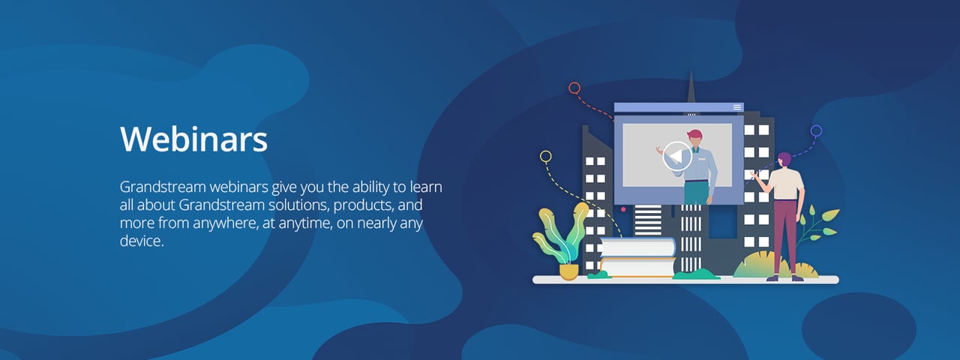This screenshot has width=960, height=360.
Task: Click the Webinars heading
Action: point(193,139)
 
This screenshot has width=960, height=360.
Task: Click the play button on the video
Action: point(677,156)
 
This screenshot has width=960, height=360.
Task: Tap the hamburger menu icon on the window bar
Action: point(737,107)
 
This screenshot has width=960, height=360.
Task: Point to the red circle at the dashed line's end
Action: point(574,88)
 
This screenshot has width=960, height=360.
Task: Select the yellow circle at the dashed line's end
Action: point(546,157)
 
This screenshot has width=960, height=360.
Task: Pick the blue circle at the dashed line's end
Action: point(816,130)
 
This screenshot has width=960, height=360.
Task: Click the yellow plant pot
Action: point(569,271)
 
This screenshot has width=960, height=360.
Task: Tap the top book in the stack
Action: point(637,247)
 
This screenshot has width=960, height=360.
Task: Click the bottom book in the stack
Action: point(637,267)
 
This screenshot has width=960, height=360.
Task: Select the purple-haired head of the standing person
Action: point(784,159)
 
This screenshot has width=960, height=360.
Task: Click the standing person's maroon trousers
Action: point(785,232)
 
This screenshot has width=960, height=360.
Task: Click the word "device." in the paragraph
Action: point(141,242)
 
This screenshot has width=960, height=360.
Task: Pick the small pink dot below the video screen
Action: point(623,209)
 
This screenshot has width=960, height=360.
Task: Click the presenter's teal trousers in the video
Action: point(695,193)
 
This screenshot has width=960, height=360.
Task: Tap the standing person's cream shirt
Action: point(787,184)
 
